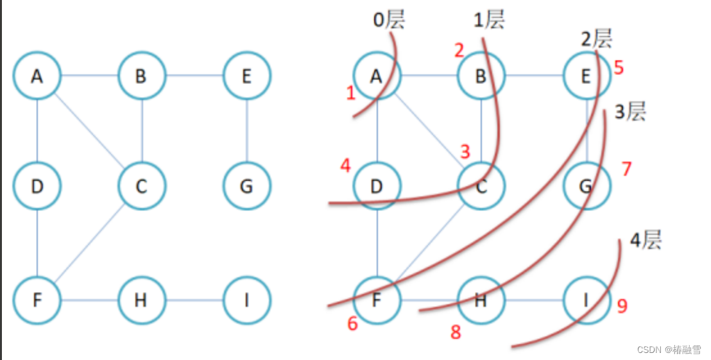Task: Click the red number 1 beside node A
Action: [350, 94]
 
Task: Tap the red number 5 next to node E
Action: [619, 67]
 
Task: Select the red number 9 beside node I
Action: [621, 306]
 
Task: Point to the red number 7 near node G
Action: [626, 169]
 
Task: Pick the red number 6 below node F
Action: [352, 324]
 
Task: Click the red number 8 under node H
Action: [456, 332]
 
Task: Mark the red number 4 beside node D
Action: [346, 166]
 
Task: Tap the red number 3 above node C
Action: [466, 152]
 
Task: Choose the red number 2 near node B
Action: [458, 50]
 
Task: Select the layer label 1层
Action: [489, 20]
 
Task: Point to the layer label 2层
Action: [596, 39]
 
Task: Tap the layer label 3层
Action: [630, 112]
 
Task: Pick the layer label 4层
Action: [645, 241]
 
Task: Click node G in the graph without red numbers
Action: [246, 186]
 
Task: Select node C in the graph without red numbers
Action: [142, 186]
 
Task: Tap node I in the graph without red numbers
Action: [246, 300]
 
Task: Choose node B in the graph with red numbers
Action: [481, 76]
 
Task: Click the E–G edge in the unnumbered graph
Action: [247, 131]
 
